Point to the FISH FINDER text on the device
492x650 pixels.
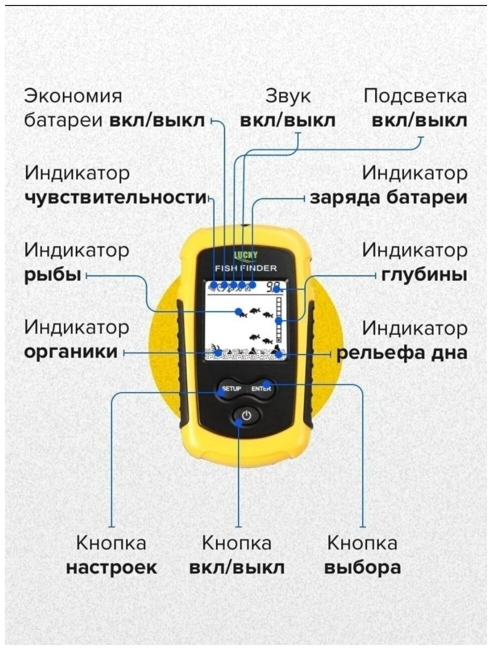pos(245,268)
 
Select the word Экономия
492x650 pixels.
pos(73,96)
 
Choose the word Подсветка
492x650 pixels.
pos(415,96)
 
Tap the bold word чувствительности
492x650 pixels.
pos(115,197)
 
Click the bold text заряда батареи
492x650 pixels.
pos(388,197)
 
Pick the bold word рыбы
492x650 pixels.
pos(53,275)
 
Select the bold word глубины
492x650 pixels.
pos(424,275)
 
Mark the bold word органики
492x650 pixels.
pos(70,352)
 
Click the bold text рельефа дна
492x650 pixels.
pos(401,353)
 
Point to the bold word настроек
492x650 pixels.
pos(111,567)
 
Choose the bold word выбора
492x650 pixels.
pos(362,567)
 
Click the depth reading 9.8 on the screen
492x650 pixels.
pos(273,287)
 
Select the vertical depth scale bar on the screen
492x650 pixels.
pos(279,320)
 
